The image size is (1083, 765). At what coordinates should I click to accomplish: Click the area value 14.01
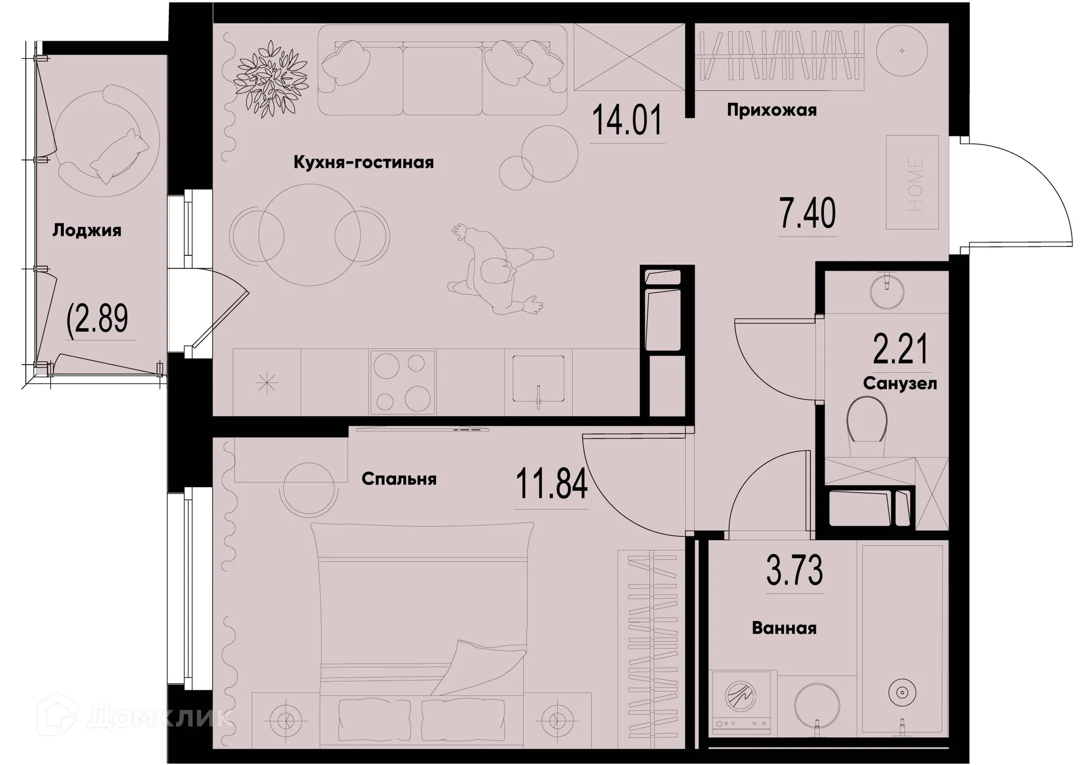click(x=627, y=121)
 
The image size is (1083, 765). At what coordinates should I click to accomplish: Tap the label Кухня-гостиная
click(x=363, y=163)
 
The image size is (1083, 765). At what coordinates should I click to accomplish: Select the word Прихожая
click(x=771, y=110)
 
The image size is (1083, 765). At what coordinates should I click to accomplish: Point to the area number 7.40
click(x=807, y=214)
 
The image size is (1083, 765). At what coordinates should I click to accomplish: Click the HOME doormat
click(x=912, y=183)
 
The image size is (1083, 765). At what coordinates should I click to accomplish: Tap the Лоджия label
click(x=87, y=231)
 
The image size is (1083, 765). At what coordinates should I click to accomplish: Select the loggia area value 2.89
click(x=98, y=319)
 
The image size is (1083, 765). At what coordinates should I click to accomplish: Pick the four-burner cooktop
click(x=402, y=382)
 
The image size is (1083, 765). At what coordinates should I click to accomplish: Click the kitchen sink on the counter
click(x=538, y=379)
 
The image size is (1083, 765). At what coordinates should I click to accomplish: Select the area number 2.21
click(x=900, y=350)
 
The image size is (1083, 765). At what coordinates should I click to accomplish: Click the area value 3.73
click(x=794, y=571)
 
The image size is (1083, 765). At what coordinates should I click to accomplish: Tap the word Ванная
click(x=784, y=628)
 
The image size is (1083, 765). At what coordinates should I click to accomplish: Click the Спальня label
click(x=399, y=479)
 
